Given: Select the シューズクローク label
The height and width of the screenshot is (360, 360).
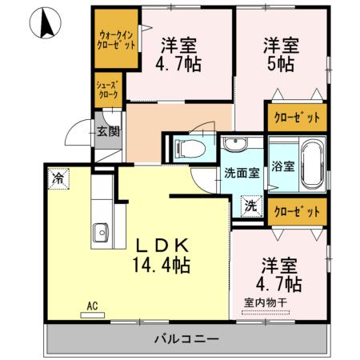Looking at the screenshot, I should pyautogui.click(x=108, y=90).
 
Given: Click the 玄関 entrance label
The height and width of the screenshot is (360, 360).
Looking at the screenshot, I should pyautogui.click(x=108, y=131).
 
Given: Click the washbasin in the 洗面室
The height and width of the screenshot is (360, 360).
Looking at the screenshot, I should pyautogui.click(x=235, y=145).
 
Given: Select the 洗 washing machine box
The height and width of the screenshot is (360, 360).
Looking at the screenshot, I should pyautogui.click(x=250, y=204).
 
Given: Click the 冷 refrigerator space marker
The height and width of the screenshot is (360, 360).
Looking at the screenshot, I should pyautogui.click(x=58, y=178).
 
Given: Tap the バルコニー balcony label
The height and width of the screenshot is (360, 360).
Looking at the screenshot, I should pyautogui.click(x=186, y=340).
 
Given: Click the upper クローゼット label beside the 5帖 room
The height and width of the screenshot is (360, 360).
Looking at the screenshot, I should pyautogui.click(x=297, y=118).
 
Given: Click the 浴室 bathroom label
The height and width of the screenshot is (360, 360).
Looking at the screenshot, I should pyautogui.click(x=282, y=167).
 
